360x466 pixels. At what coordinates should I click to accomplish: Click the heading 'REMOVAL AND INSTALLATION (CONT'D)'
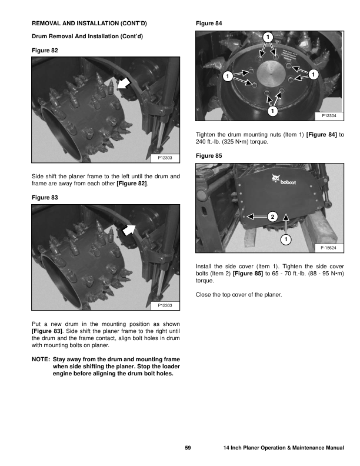pos(89,24)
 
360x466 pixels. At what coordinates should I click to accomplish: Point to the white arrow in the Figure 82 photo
pos(124,84)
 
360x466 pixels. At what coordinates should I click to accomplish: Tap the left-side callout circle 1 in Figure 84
pos(226,76)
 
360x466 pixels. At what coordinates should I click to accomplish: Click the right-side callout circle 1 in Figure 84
pos(313,74)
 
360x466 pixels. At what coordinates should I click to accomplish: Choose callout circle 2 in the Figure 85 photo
pos(272,216)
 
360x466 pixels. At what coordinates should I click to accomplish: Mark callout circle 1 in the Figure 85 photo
pos(285,239)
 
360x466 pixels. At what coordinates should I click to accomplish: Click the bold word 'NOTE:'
pos(41,359)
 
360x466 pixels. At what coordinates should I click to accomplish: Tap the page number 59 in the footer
pos(188,448)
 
